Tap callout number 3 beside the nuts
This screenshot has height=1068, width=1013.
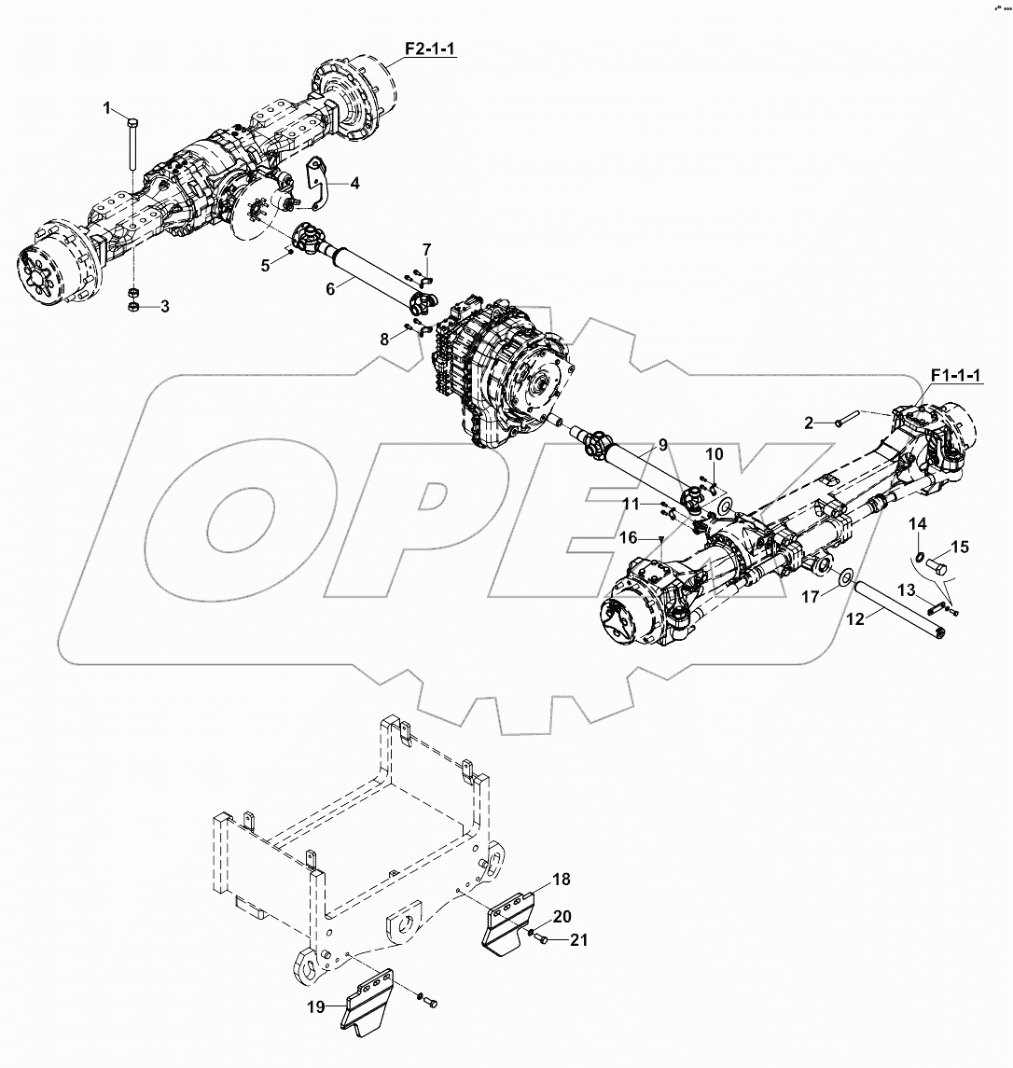click(x=164, y=307)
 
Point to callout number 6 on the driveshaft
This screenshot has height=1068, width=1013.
click(x=329, y=290)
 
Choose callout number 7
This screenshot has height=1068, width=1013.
click(x=426, y=249)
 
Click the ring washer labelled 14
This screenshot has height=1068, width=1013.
click(x=920, y=559)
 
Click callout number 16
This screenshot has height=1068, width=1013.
click(x=630, y=538)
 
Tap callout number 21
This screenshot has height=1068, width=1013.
click(x=579, y=940)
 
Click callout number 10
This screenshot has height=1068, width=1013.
click(x=714, y=454)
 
